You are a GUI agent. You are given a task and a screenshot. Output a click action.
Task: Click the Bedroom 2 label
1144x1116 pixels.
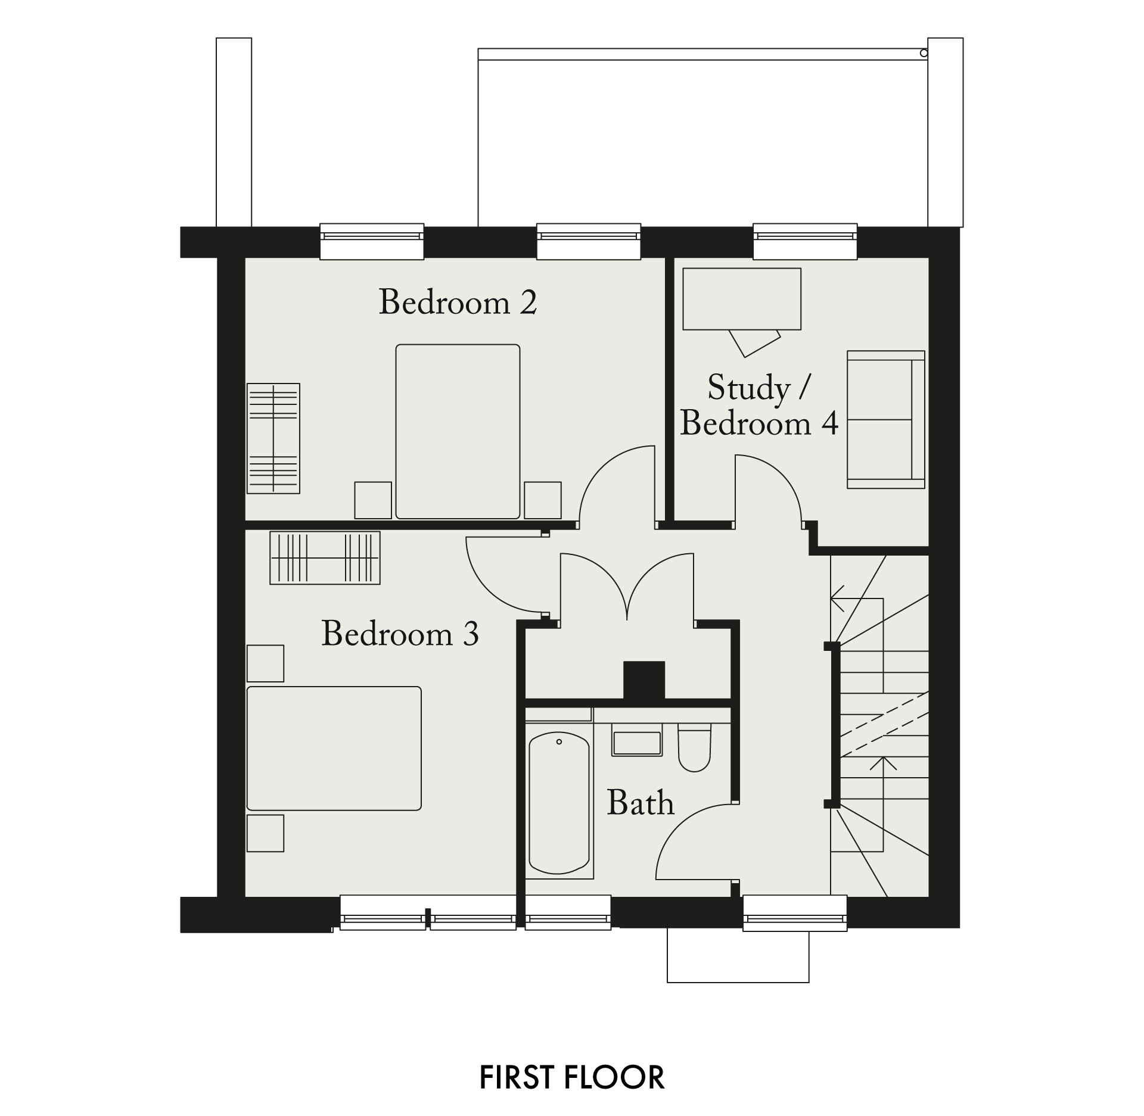458,302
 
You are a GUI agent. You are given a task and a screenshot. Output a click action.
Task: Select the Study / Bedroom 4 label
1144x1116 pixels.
759,406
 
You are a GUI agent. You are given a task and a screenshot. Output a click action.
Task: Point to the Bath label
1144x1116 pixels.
641,802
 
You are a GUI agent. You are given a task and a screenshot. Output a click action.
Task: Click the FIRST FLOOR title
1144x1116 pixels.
572,1077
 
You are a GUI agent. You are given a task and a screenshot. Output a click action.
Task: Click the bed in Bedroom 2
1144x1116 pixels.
458,432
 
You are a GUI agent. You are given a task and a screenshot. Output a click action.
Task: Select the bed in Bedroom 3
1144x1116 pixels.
334,749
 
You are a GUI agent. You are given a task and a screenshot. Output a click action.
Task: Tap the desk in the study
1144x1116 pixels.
742,299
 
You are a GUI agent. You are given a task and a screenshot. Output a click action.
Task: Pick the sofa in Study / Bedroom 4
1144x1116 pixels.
886,420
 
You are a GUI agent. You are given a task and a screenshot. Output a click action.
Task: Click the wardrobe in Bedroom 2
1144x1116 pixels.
273,438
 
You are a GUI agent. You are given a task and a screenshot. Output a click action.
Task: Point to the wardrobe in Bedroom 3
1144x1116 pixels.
325,558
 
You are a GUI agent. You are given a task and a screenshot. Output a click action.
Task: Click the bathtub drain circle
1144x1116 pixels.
559,742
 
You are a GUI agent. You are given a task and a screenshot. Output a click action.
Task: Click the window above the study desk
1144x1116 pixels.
805,241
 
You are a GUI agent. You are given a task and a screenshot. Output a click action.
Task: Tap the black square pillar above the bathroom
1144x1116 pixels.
644,679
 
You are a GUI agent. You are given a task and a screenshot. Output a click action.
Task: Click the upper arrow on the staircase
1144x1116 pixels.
856,598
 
